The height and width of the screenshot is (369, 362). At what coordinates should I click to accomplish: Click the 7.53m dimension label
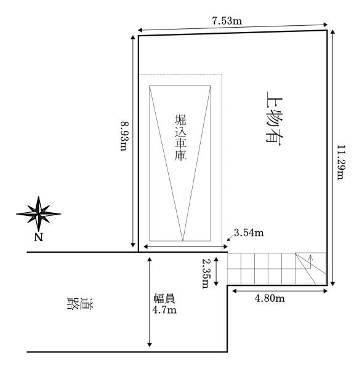227,21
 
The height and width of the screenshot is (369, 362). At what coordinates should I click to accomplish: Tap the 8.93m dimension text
124,137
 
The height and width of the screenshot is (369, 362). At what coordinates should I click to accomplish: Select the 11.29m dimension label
341,162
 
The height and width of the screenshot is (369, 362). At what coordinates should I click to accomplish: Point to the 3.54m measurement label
249,232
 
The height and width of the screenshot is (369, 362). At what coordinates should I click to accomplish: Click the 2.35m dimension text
206,273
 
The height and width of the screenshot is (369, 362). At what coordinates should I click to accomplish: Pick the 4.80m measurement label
270,298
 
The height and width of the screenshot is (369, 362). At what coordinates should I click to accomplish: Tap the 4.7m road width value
164,310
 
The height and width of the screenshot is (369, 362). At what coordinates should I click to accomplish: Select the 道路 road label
80,304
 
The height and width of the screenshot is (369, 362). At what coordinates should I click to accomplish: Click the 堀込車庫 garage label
180,137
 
